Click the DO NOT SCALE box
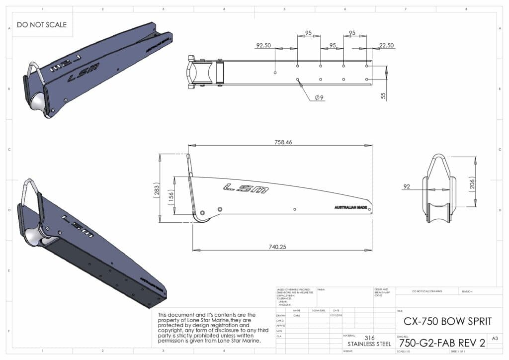[41, 24]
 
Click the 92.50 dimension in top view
[263, 45]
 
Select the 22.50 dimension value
[386, 45]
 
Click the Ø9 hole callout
[319, 97]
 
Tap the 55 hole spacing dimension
[383, 94]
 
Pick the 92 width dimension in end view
[407, 187]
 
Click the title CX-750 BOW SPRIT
[447, 321]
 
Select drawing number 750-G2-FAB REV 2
[442, 343]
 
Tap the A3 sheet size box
[495, 338]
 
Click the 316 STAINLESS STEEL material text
[369, 341]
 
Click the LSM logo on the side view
[246, 187]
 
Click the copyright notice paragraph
[209, 328]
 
